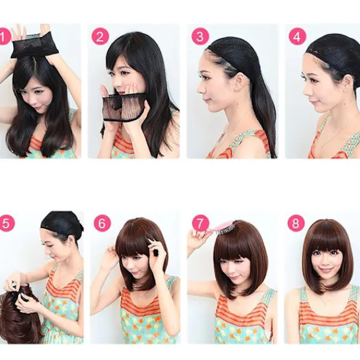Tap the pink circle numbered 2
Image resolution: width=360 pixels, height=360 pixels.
[x=100, y=37]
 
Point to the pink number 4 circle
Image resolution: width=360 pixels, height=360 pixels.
[x=298, y=37]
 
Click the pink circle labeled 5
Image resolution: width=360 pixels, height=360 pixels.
[x=7, y=223]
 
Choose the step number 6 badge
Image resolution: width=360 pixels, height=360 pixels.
[x=103, y=223]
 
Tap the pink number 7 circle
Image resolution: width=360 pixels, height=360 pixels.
[x=200, y=223]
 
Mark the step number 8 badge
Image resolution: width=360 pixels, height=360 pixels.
[x=296, y=223]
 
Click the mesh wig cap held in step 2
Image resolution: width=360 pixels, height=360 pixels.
[x=124, y=107]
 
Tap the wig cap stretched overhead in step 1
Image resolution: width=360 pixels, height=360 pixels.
[x=31, y=46]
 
